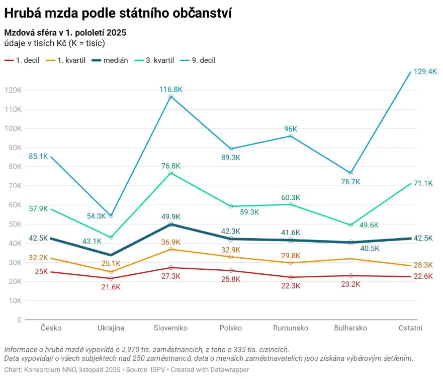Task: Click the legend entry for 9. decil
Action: [200, 60]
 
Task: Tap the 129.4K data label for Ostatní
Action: [425, 71]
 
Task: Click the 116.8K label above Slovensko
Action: [170, 89]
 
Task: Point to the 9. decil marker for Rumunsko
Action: [291, 136]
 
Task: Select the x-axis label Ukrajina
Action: [111, 328]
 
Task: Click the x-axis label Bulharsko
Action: [350, 328]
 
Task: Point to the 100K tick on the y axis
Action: [13, 128]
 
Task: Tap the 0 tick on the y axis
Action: [20, 320]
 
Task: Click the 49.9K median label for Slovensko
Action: [170, 217]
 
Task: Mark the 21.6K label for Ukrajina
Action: [111, 287]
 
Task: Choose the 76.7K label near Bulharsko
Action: [350, 182]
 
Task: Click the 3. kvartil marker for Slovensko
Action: [171, 173]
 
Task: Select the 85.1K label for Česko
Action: [38, 156]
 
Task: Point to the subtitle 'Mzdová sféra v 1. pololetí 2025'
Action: [65, 33]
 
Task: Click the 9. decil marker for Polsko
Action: [231, 149]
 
